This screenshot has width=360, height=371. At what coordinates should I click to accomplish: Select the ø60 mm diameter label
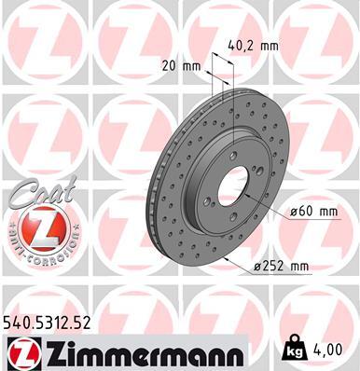pos(312,212)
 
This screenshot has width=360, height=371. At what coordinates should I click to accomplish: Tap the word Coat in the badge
pos(35,193)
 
